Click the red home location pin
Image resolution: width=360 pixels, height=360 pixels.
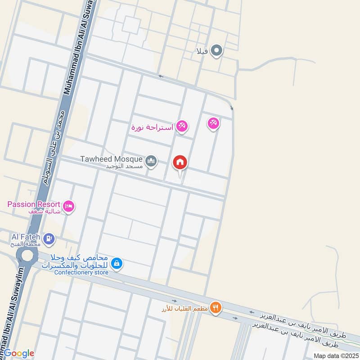(180, 163)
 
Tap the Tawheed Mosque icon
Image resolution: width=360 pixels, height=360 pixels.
(151, 161)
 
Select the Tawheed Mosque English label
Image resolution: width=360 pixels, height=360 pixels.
(112, 159)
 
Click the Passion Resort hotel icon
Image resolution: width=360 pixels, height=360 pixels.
(69, 206)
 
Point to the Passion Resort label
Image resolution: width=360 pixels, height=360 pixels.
(34, 204)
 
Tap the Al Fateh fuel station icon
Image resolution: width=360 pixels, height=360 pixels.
(49, 237)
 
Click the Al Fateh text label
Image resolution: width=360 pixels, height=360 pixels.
(26, 236)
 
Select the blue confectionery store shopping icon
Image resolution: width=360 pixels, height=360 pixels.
(117, 263)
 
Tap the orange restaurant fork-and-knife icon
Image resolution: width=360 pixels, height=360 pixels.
(216, 307)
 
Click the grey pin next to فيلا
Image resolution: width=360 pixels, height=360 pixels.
(216, 50)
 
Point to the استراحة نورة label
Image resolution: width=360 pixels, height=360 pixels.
(152, 127)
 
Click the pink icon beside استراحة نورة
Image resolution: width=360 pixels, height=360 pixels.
(182, 126)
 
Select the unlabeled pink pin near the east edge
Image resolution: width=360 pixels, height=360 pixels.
(213, 122)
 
